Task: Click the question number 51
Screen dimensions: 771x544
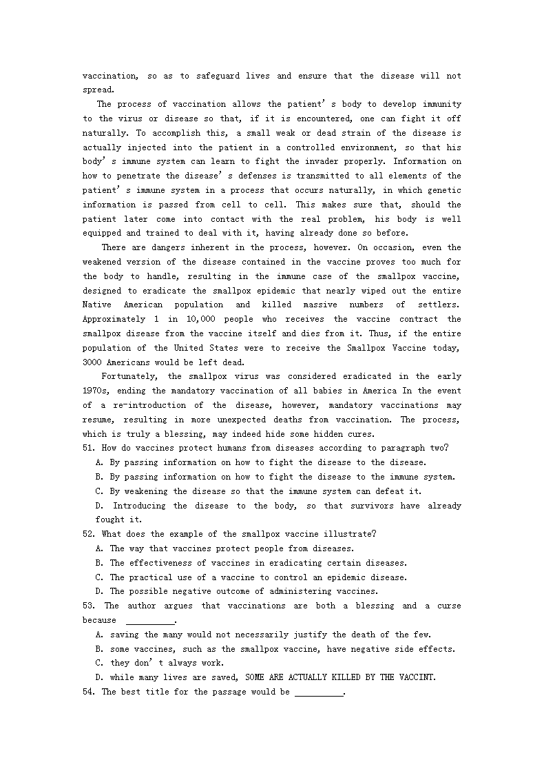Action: pyautogui.click(x=88, y=448)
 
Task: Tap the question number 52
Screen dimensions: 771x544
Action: pyautogui.click(x=88, y=534)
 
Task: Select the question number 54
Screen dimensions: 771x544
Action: pyautogui.click(x=88, y=692)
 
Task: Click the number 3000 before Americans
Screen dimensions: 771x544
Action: pyautogui.click(x=93, y=362)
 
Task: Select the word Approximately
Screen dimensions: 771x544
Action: pyautogui.click(x=114, y=319)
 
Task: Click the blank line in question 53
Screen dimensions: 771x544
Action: pyautogui.click(x=151, y=620)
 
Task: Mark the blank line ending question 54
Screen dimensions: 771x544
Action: pyautogui.click(x=318, y=692)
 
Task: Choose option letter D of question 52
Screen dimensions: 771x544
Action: pyautogui.click(x=99, y=591)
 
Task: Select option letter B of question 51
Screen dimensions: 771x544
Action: pyautogui.click(x=99, y=477)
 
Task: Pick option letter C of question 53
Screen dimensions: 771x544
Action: pyautogui.click(x=99, y=663)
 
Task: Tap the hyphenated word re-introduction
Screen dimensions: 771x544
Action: pyautogui.click(x=151, y=405)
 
